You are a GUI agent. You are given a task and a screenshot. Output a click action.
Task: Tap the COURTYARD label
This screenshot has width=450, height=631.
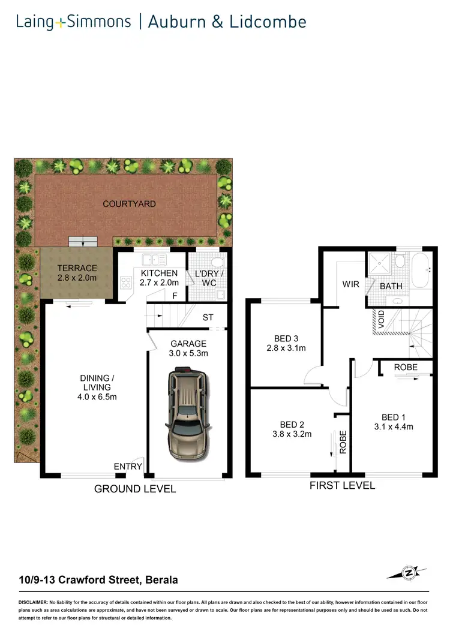[x=129, y=204]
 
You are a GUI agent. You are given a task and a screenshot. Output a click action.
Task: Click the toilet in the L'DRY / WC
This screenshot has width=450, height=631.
[x=219, y=262]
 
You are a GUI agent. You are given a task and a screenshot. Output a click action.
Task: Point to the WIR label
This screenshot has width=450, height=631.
[x=350, y=284]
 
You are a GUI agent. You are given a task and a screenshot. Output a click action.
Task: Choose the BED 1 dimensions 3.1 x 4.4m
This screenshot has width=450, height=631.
[x=393, y=427]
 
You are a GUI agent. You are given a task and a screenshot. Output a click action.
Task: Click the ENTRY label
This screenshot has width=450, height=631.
[x=128, y=466]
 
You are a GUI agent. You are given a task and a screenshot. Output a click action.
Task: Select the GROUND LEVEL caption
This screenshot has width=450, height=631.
[x=135, y=489]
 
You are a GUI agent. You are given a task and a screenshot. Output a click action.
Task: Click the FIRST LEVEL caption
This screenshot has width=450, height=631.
[x=342, y=485]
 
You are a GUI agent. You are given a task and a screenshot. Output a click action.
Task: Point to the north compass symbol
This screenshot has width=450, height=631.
[x=410, y=573]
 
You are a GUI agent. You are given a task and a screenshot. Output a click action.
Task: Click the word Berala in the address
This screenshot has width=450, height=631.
[x=161, y=580]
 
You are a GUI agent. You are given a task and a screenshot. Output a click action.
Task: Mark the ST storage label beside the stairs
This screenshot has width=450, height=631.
[x=207, y=317]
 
